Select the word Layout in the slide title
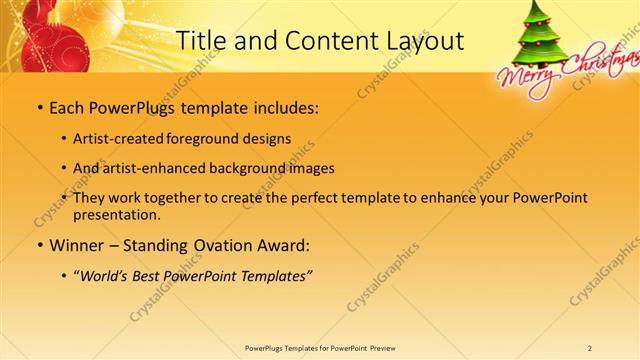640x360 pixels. point(420,41)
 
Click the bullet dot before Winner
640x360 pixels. point(39,245)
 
